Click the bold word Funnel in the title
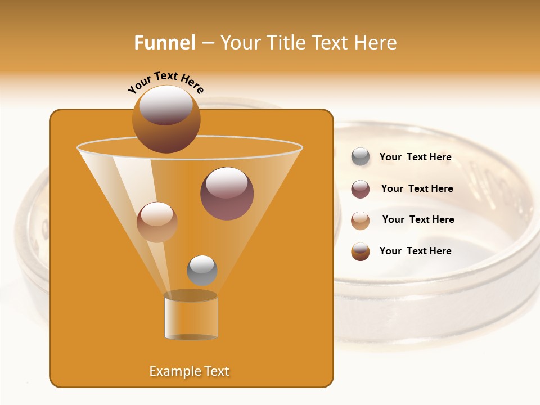tap(164, 43)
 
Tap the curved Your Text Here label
tap(165, 82)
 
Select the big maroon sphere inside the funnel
tap(227, 193)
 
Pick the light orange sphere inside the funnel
tap(157, 222)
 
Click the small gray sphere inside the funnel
tap(202, 270)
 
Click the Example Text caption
tap(190, 371)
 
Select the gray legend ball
tap(361, 157)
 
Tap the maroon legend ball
tap(361, 189)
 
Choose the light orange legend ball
tap(361, 220)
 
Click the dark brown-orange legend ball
tap(361, 251)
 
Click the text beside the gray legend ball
tap(416, 157)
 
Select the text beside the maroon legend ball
tap(417, 188)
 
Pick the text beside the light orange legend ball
tap(418, 219)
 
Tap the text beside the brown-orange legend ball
tap(416, 251)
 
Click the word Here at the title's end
tap(376, 43)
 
